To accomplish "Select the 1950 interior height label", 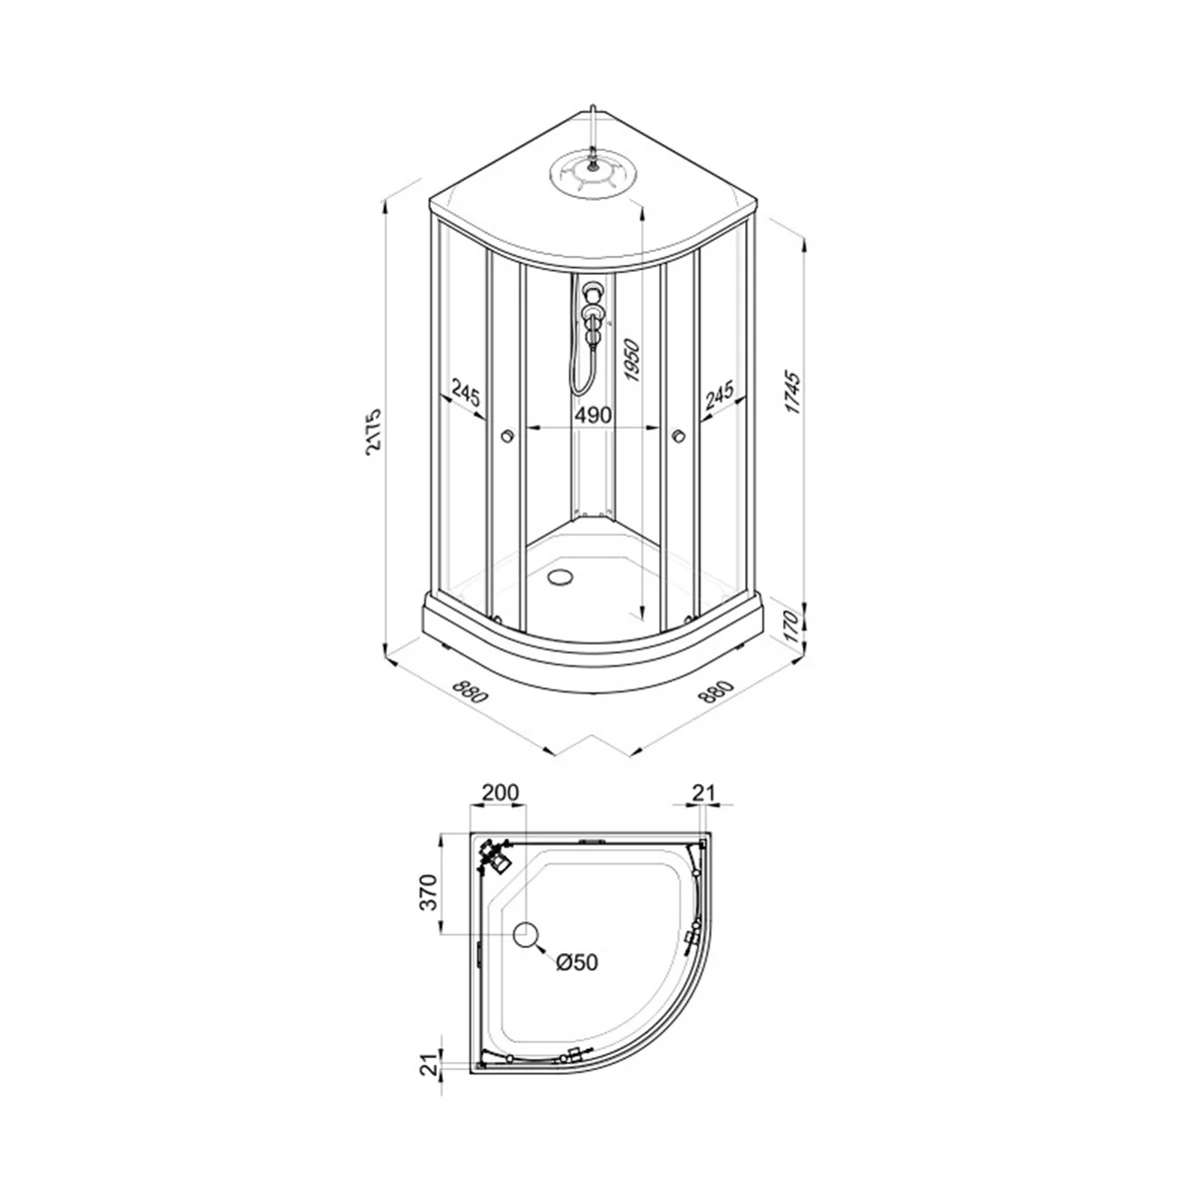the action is point(631,361).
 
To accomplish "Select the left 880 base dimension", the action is point(470,691).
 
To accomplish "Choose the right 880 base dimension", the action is point(716,691).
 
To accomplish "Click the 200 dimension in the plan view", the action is point(501,792).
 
